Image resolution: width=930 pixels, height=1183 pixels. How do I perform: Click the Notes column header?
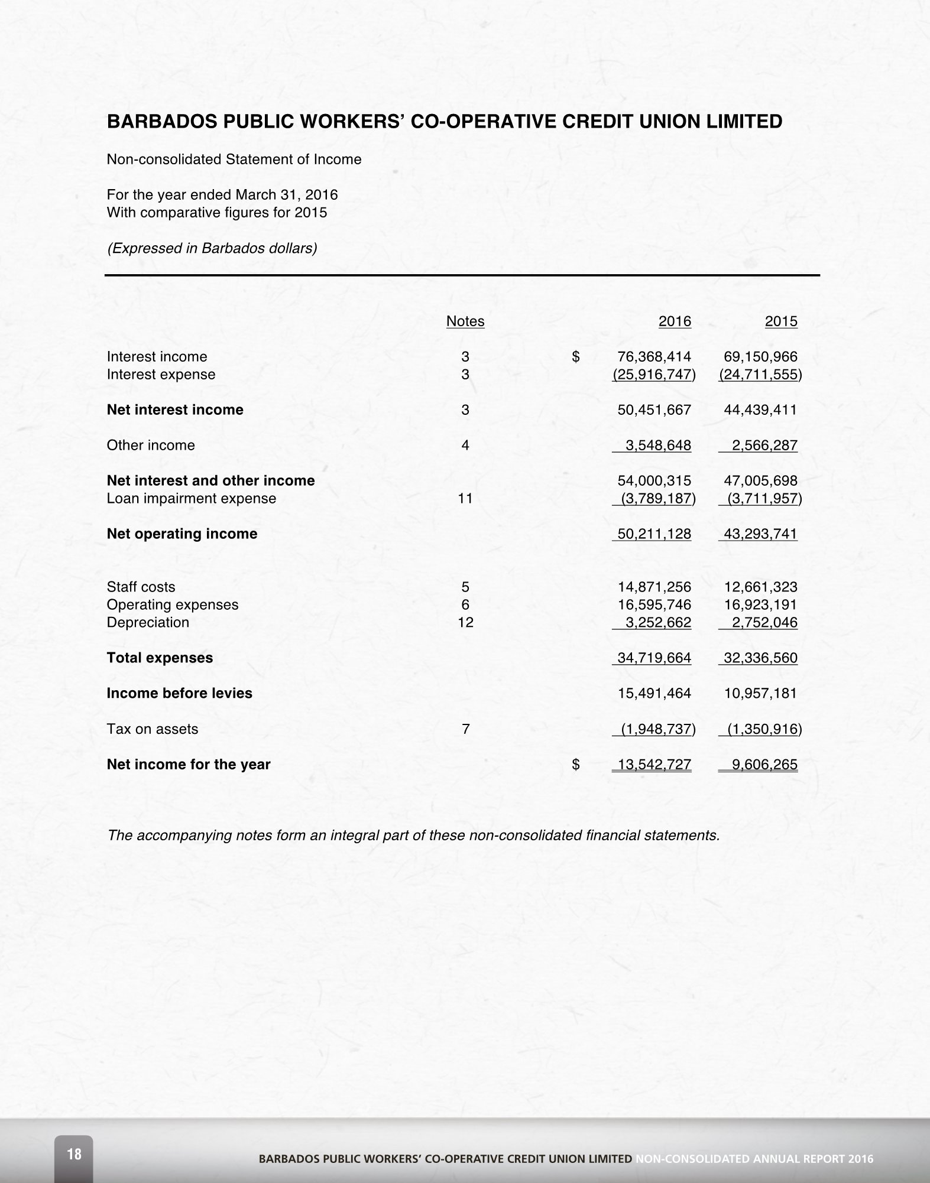click(x=465, y=321)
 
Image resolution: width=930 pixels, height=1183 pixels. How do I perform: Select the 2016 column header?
click(x=675, y=321)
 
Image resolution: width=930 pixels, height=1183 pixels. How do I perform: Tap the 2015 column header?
click(x=781, y=321)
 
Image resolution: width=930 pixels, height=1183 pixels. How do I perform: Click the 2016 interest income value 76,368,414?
click(x=654, y=357)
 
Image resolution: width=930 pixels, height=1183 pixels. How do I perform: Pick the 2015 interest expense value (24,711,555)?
click(x=760, y=375)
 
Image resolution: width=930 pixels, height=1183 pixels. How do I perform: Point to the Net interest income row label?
click(x=175, y=410)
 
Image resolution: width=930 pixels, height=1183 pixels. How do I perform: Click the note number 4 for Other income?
click(x=465, y=446)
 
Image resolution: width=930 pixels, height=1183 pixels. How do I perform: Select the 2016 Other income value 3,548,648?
click(x=658, y=446)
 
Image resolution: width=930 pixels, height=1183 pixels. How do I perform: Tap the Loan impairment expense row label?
click(x=192, y=499)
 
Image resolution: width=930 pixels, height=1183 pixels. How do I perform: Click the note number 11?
click(x=465, y=499)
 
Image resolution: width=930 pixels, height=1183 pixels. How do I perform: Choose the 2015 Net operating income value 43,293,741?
click(x=760, y=534)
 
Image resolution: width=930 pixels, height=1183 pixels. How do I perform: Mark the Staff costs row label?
click(x=141, y=587)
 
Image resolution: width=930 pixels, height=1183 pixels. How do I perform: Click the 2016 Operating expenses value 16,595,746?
click(x=654, y=605)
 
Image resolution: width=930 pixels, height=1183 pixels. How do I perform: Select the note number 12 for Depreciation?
click(x=465, y=623)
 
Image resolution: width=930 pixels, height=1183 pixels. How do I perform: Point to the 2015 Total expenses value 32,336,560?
click(x=760, y=658)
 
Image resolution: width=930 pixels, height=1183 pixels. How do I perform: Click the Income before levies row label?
click(x=180, y=694)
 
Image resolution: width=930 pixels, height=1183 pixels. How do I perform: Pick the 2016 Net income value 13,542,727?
click(x=654, y=765)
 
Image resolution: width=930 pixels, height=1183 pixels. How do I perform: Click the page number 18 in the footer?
click(x=74, y=1153)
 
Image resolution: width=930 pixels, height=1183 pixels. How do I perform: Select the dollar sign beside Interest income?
click(x=576, y=357)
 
